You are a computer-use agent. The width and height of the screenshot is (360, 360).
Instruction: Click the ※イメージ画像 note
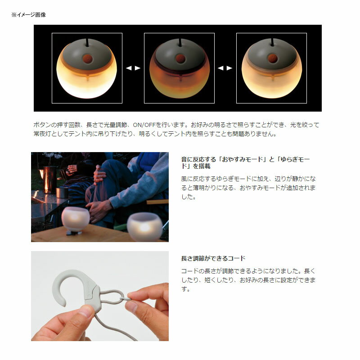click(x=29, y=15)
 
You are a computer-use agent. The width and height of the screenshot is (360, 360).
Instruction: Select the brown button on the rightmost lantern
click(x=272, y=58)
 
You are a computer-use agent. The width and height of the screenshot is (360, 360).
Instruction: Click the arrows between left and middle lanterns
click(x=133, y=68)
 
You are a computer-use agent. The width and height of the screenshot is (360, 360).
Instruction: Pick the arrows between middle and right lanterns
click(x=225, y=68)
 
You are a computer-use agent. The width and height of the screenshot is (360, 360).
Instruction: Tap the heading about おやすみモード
click(x=245, y=162)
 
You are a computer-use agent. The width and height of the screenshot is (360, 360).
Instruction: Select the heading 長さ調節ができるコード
click(x=213, y=258)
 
